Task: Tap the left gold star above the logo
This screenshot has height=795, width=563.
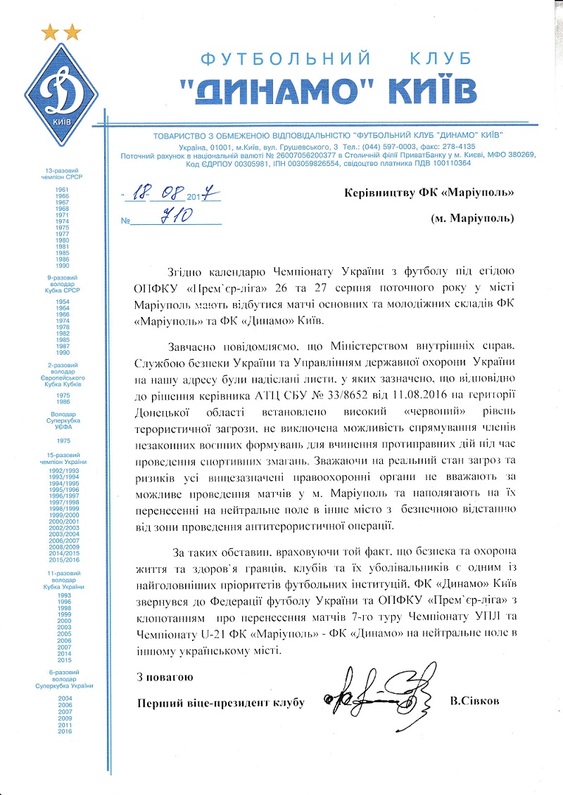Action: pos(50,32)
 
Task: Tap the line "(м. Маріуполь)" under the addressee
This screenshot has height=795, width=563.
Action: pos(472,218)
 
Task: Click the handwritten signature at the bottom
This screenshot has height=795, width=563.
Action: pos(377,697)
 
